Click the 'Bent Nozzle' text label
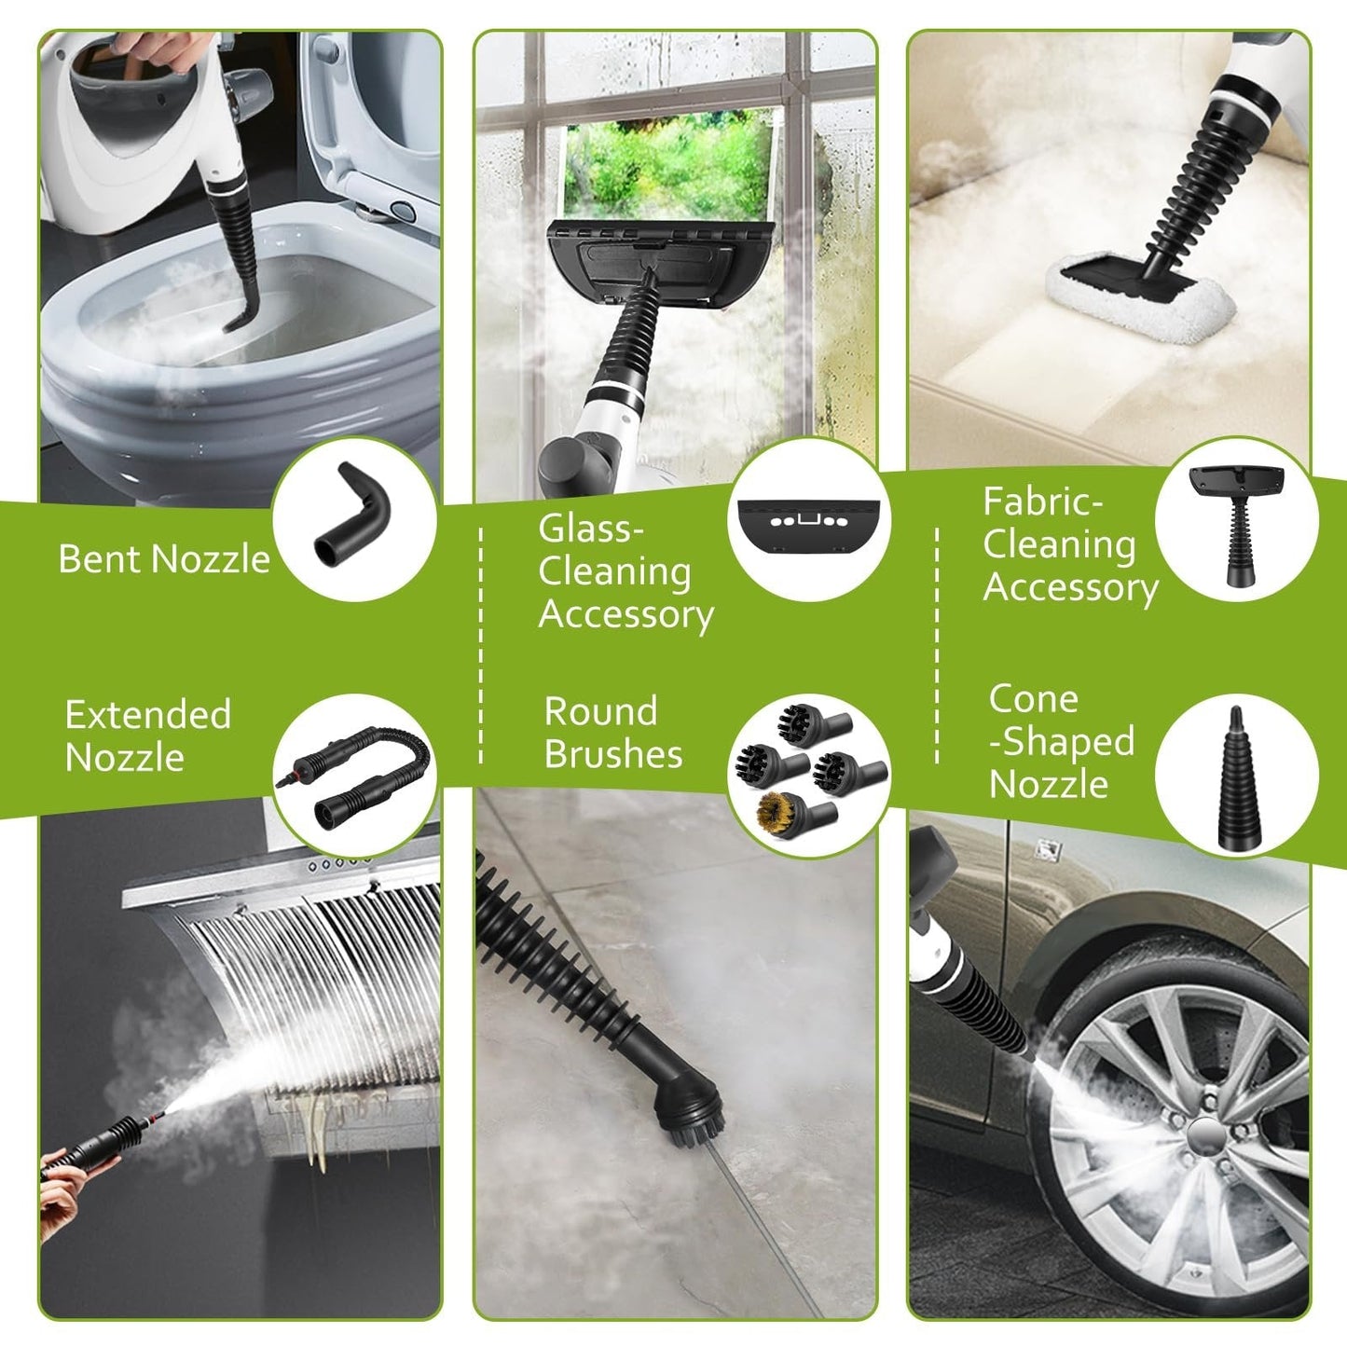164,558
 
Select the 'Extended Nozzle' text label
147,735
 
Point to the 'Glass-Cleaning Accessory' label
625,572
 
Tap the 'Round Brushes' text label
612,733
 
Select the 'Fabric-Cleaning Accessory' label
1069,545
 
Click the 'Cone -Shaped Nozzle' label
1061,742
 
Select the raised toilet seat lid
373,131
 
